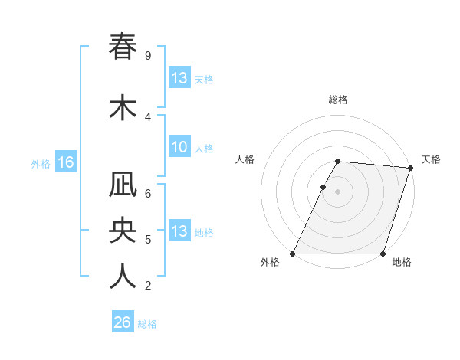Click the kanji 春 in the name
[x=123, y=47]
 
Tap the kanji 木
[x=123, y=108]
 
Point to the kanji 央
[x=123, y=231]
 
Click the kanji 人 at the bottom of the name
[x=123, y=277]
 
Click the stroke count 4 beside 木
[x=147, y=116]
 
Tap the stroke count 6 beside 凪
[x=147, y=194]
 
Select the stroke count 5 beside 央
[x=147, y=240]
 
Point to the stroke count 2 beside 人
[x=147, y=286]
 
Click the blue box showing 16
[x=65, y=162]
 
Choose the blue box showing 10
[x=179, y=148]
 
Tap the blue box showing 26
[x=123, y=322]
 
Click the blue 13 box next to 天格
[x=179, y=78]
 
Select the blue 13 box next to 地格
[x=179, y=231]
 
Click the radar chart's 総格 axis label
[x=338, y=100]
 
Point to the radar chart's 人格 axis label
[x=245, y=159]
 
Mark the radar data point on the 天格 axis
[x=410, y=168]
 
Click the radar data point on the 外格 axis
[x=293, y=254]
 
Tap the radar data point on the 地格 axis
[x=383, y=254]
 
